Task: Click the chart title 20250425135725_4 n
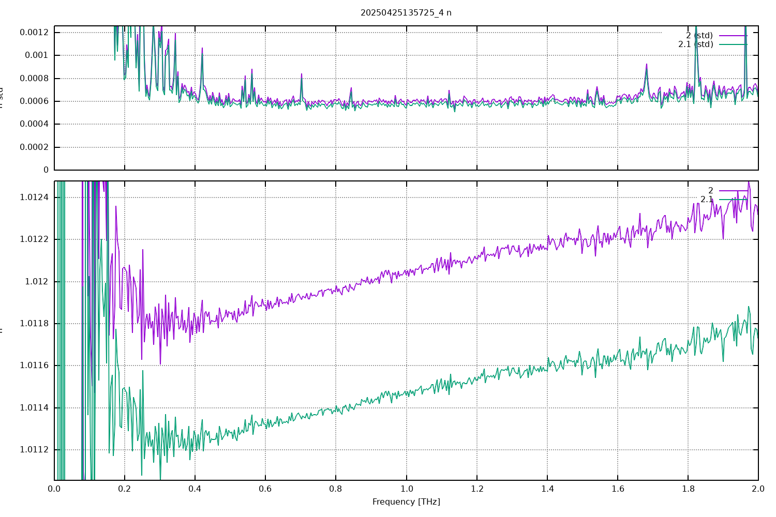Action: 406,12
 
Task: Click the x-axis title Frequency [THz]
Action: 406,501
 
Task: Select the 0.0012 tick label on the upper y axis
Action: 34,32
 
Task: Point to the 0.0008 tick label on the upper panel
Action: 34,79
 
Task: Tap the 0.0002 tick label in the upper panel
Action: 34,147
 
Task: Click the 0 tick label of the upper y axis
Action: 46,170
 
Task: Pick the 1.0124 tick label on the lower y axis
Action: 34,197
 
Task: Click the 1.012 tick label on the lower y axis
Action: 37,282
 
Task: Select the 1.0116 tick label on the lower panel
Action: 34,366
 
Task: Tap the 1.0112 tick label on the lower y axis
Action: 34,450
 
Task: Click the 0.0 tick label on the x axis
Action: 54,489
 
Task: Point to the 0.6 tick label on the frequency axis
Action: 265,489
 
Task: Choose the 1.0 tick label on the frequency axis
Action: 406,489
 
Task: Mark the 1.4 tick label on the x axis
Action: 547,489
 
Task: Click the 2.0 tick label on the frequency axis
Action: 758,489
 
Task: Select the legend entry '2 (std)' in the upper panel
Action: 699,36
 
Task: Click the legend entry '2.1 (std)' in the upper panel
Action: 696,44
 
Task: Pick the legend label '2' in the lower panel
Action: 711,191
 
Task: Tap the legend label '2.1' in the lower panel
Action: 707,200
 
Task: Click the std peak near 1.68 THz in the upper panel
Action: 646,65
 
